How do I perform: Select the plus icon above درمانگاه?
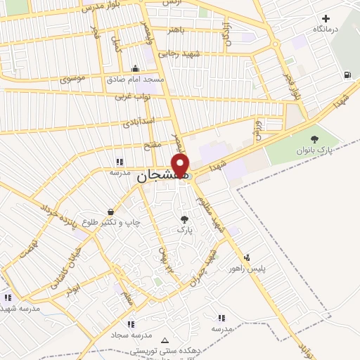tap(325, 18)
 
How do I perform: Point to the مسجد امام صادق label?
tap(135, 79)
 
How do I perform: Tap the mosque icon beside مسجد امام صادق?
tap(135, 69)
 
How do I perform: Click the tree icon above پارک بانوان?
tap(314, 139)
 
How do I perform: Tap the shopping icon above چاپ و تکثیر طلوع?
tap(111, 212)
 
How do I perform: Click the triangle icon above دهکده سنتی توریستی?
tap(166, 339)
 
